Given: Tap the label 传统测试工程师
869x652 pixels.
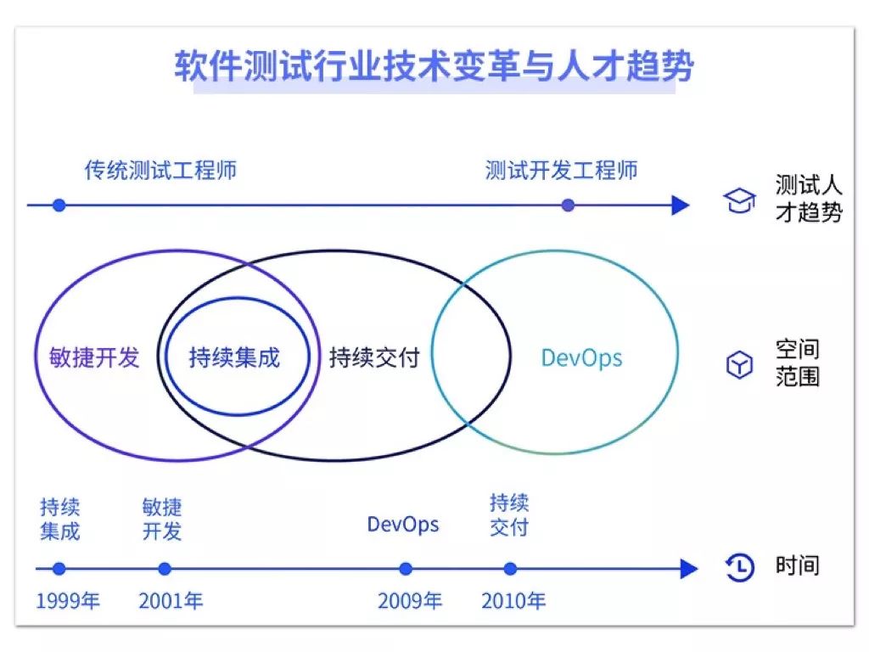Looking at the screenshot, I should coord(160,170).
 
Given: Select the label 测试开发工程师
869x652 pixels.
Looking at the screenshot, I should coord(561,170).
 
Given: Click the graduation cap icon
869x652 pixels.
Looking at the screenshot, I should coord(739,201).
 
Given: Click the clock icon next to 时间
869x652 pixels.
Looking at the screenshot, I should coord(740,567).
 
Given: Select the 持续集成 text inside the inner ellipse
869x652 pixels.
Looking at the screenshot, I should coord(234,357).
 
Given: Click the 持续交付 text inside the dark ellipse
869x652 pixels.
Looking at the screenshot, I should coord(374,357).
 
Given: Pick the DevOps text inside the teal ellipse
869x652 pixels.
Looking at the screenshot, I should coord(581,357).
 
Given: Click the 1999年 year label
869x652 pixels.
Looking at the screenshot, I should coord(68,601).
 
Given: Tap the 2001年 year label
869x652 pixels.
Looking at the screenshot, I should coord(171,601).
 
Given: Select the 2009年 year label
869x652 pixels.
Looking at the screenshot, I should coord(410,601).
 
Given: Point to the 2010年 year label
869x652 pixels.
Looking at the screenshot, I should coord(513,601).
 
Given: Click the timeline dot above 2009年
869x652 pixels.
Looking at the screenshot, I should coord(406,569).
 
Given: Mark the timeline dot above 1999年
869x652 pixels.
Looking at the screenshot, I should coord(59,569).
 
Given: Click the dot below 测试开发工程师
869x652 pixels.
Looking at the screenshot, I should coord(568,205).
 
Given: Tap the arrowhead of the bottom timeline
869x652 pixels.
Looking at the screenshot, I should coord(688,569).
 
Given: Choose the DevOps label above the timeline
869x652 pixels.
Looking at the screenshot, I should coord(403,524).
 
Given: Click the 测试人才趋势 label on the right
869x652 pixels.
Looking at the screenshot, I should coord(808,198).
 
